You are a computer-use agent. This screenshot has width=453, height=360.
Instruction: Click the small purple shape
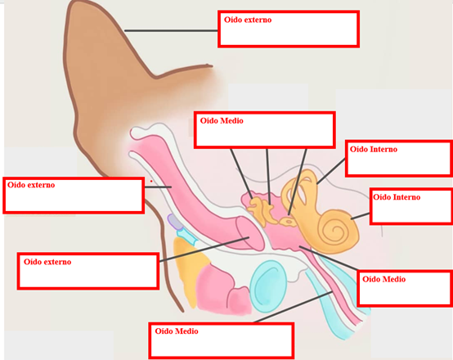click(174, 222)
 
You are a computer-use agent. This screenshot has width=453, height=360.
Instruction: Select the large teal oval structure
click(268, 286)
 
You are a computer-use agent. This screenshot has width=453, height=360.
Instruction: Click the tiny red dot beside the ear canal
click(151, 182)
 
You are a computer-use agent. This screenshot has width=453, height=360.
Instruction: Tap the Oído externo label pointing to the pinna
click(289, 29)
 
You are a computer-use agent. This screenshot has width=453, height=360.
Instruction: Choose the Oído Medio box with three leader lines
click(264, 130)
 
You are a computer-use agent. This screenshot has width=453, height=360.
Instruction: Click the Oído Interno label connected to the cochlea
click(411, 206)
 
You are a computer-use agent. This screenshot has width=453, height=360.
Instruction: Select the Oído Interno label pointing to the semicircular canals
click(399, 159)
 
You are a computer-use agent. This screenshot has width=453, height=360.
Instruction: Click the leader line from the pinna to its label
click(171, 30)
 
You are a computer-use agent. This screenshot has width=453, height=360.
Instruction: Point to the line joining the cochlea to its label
click(361, 216)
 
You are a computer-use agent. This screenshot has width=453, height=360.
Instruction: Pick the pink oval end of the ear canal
click(250, 233)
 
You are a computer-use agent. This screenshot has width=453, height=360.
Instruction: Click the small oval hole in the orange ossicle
click(289, 222)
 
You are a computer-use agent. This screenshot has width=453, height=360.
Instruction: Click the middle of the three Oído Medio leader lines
click(268, 177)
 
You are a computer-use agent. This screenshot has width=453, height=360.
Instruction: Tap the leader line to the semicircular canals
click(331, 171)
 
